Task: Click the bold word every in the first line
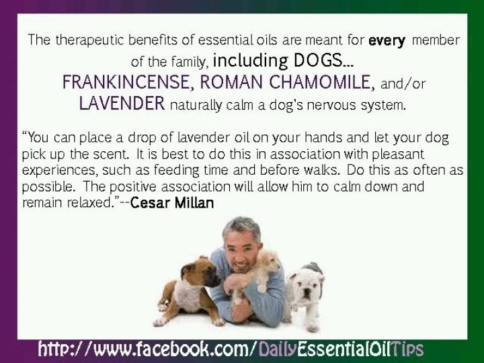[387, 41]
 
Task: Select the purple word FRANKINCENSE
[128, 82]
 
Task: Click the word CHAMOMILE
[321, 82]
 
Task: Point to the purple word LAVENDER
[122, 103]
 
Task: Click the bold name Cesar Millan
[172, 203]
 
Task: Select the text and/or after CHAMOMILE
[403, 83]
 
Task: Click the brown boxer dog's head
[200, 272]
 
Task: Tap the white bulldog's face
[307, 284]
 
